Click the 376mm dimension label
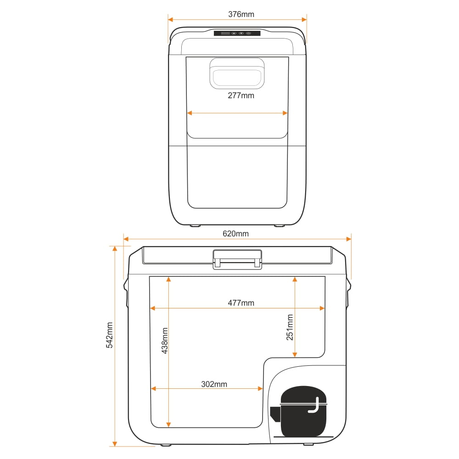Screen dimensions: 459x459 click(x=241, y=14)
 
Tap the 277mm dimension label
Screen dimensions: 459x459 click(x=241, y=95)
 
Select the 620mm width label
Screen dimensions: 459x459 click(x=235, y=234)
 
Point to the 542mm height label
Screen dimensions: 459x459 click(x=109, y=335)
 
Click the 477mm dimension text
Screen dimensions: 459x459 click(x=241, y=302)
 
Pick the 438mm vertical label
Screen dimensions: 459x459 click(x=165, y=341)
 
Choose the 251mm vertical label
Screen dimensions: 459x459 click(x=290, y=327)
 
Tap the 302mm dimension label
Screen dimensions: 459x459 click(x=214, y=384)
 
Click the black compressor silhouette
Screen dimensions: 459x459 click(x=299, y=411)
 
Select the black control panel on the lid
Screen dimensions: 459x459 click(x=237, y=34)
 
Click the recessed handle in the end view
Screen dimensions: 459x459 click(x=237, y=73)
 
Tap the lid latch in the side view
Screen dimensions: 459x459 click(x=237, y=259)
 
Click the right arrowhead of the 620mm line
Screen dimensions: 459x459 click(x=349, y=239)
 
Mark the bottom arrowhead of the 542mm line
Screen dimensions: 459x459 click(x=115, y=444)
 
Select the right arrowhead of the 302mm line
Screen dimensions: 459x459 click(x=260, y=389)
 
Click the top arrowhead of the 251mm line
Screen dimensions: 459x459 click(x=295, y=280)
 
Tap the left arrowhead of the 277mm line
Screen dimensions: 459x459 click(x=190, y=113)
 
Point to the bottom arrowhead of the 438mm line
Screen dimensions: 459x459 click(x=168, y=425)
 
